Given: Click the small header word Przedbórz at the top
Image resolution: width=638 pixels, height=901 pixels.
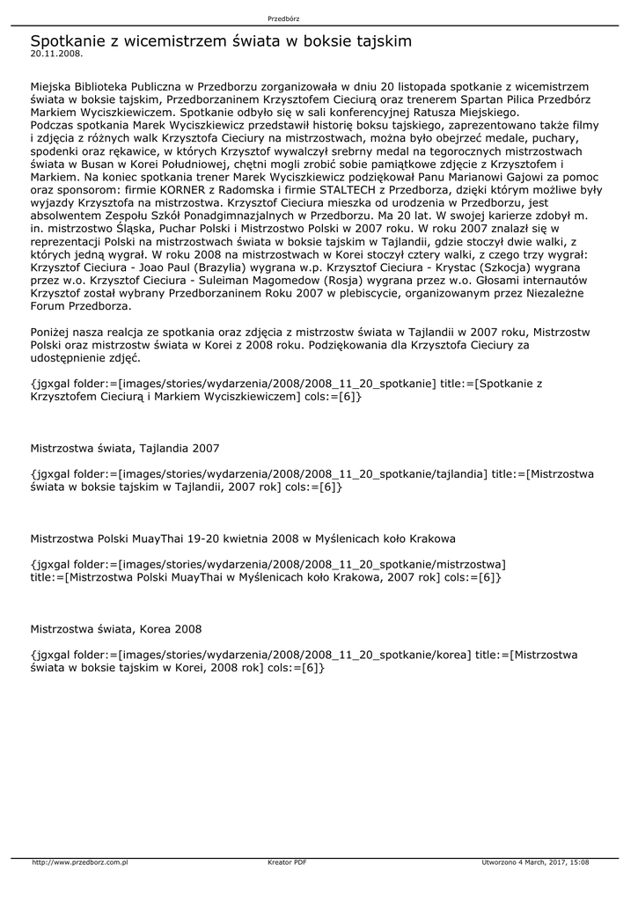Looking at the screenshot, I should click(x=283, y=18).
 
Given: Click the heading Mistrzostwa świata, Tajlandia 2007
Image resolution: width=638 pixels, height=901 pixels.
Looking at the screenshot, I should click(x=125, y=449).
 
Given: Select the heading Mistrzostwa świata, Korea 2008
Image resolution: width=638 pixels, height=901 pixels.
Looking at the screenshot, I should click(x=116, y=629).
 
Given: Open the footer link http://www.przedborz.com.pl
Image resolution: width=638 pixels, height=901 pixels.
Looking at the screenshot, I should click(x=80, y=862).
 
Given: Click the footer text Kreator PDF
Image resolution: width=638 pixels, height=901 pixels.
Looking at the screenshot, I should click(x=287, y=862).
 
